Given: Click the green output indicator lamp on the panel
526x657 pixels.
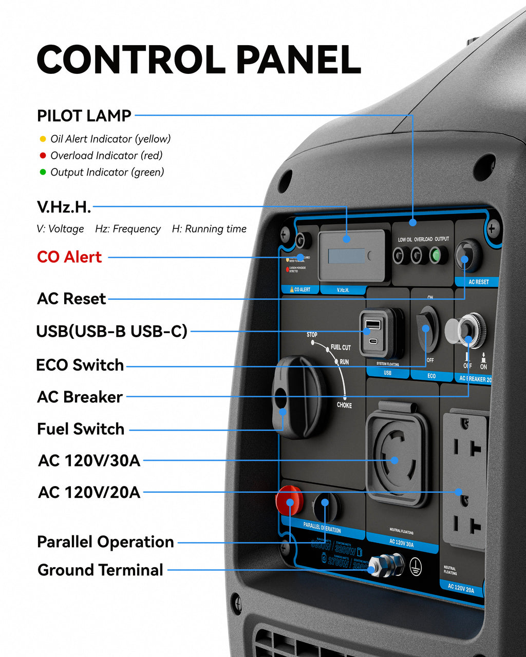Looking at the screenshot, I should point(437,255).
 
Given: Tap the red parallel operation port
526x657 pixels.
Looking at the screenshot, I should point(289,500).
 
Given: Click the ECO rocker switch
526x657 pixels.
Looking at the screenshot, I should point(426,328).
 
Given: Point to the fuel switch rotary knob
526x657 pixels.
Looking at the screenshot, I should point(298,398).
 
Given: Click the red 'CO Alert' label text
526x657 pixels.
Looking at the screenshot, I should point(69,257).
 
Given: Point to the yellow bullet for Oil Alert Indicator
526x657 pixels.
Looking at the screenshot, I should point(43,139).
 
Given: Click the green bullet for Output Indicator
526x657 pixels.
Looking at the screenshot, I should point(43,172).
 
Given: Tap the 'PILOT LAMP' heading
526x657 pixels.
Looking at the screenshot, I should point(84,115).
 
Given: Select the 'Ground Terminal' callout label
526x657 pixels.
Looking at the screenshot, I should point(100,570).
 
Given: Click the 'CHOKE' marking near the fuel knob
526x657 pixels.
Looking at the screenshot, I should point(344,405).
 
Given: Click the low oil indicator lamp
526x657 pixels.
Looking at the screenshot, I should point(401,255).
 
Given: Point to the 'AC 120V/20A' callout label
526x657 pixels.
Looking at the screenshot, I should point(89,492).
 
